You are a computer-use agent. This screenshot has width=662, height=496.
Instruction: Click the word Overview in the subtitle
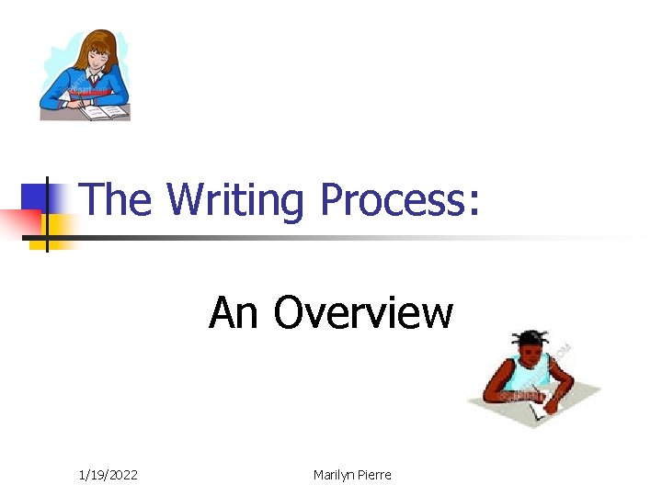click(x=363, y=312)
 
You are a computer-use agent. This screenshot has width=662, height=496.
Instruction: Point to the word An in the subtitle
click(x=234, y=312)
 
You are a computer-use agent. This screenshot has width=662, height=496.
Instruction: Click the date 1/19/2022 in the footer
click(x=108, y=475)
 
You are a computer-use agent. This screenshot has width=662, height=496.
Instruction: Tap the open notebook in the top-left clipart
click(x=103, y=111)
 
